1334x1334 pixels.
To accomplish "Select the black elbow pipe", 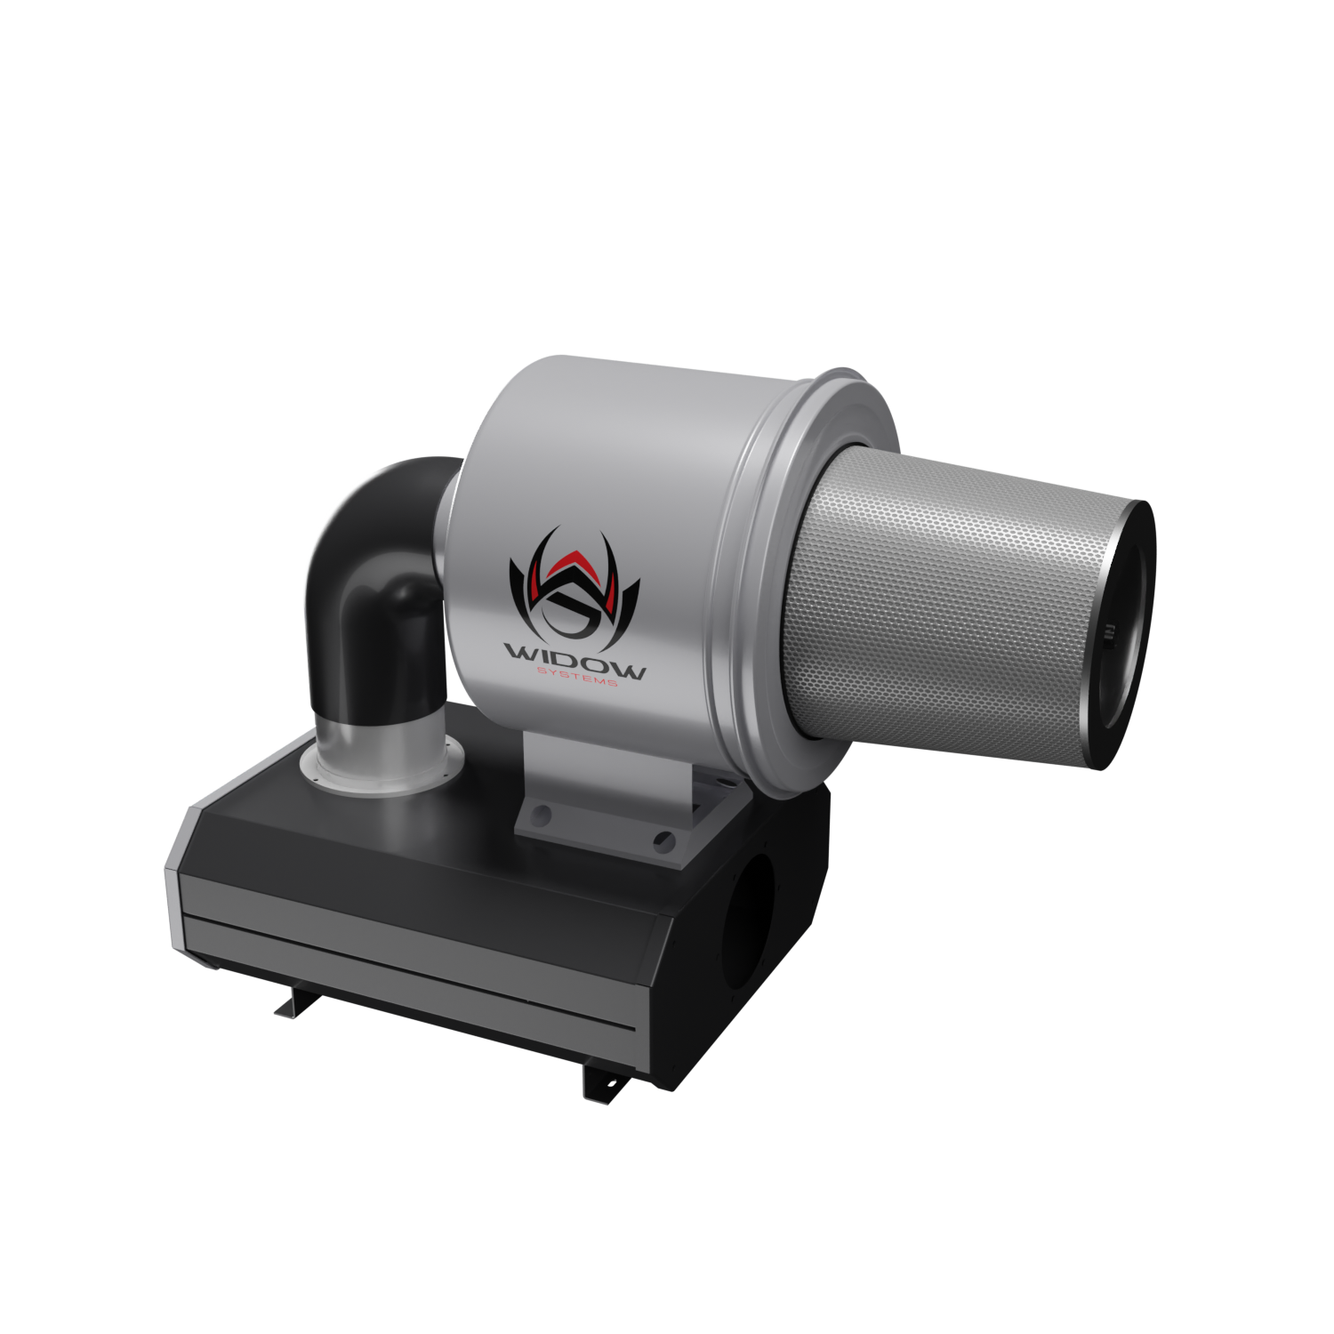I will click(374, 578).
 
